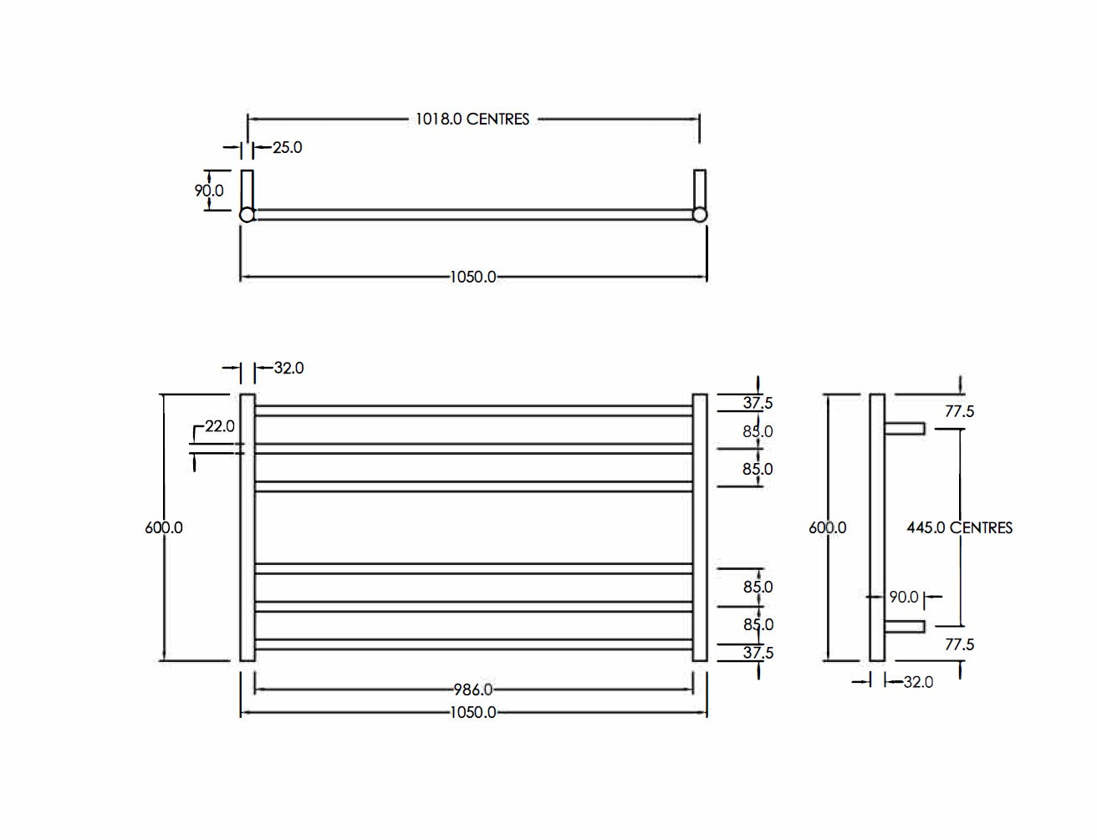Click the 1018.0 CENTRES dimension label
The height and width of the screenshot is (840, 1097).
pos(472,120)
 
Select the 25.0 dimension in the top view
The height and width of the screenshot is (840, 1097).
pos(288,148)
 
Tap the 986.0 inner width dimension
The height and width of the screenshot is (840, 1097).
pos(473,690)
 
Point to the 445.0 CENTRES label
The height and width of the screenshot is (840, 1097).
pos(959,527)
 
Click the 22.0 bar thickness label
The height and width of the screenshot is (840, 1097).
pos(219,426)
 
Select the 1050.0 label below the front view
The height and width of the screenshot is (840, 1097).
pos(473,712)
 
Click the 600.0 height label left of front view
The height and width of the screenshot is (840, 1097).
pos(164,527)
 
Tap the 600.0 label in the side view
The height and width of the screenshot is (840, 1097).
pos(827,527)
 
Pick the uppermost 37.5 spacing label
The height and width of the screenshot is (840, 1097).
pos(758,403)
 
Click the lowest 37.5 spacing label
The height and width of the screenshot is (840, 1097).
pos(758,653)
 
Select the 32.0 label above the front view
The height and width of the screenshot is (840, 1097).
pos(288,368)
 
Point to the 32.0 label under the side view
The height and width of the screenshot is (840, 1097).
pos(918,682)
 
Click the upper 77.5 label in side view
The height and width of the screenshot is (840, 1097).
pos(960,411)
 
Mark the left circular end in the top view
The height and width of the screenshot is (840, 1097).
pos(247,216)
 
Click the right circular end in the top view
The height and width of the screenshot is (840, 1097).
pos(700,216)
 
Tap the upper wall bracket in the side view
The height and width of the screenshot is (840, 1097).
pos(904,429)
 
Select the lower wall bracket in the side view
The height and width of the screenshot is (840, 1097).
pos(904,626)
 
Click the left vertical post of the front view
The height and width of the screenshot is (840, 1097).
pos(247,527)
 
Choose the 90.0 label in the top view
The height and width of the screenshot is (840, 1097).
pos(209,191)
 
